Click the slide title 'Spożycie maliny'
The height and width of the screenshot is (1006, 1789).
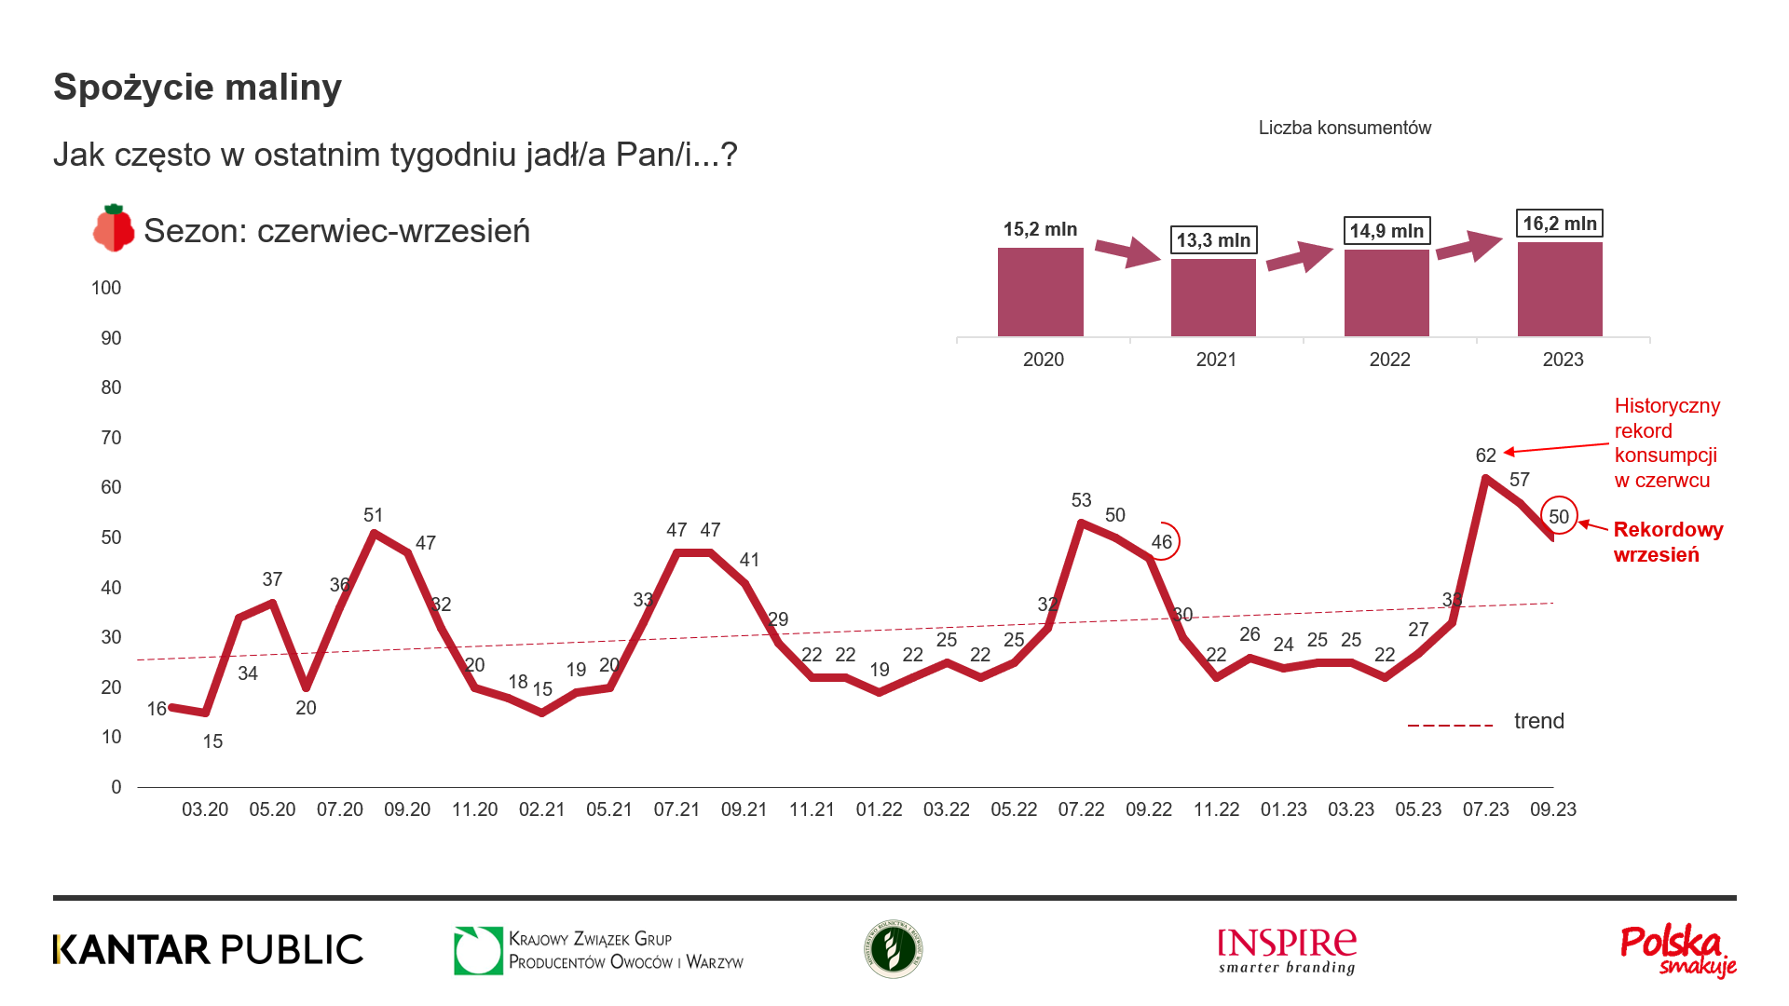pos(198,88)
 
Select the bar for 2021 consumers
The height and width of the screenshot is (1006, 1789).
pos(1213,297)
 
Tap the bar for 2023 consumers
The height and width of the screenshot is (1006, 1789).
pos(1560,289)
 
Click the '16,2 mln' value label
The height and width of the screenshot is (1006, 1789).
pos(1560,224)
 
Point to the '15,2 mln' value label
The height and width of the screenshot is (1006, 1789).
pos(1040,229)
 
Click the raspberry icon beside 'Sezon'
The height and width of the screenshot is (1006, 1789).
pos(114,228)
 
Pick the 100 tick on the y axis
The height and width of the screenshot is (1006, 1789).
pos(106,288)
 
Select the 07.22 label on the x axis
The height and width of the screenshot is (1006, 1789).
pos(1081,809)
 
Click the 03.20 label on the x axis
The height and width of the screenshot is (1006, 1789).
pos(205,809)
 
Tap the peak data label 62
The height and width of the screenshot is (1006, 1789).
pos(1485,455)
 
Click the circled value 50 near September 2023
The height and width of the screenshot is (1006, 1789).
pos(1559,517)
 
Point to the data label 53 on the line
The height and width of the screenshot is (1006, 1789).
pos(1081,500)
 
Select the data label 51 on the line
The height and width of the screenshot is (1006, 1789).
pos(373,515)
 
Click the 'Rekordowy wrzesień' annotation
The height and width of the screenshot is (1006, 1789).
pos(1668,542)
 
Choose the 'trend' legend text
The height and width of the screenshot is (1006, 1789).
pos(1538,721)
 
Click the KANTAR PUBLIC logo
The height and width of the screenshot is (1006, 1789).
pos(208,949)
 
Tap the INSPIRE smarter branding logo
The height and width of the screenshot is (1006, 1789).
pos(1287,950)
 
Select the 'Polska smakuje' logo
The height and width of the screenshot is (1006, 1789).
pos(1677,950)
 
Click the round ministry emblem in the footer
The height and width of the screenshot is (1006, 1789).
pos(893,949)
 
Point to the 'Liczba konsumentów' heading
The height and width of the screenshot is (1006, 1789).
pos(1345,128)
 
